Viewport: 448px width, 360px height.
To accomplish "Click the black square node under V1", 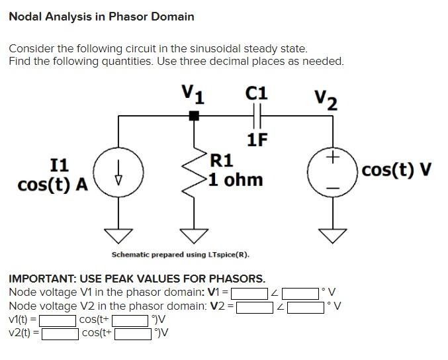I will (x=194, y=116).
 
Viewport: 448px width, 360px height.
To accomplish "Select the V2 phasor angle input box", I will (x=306, y=306).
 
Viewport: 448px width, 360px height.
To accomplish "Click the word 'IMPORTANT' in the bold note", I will (x=42, y=279).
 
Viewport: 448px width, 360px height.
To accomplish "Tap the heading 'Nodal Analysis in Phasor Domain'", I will (x=101, y=17).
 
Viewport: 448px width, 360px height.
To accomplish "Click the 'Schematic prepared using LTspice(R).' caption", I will (x=180, y=255).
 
